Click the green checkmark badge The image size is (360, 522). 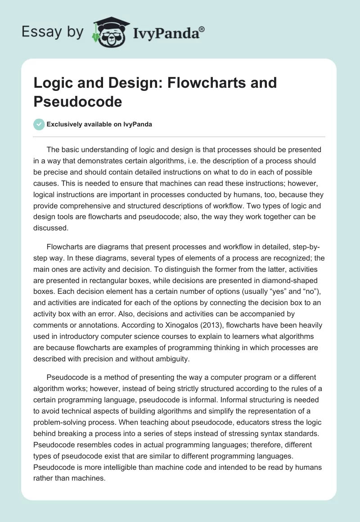39,124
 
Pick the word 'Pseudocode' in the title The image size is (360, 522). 77,101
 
